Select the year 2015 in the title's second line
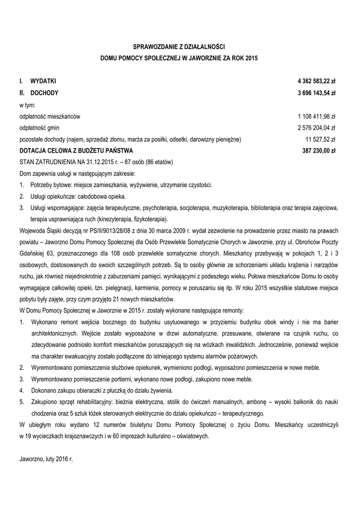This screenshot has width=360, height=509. pos(253,58)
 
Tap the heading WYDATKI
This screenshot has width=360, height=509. pos(43,81)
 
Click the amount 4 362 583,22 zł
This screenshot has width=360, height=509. pos(316,81)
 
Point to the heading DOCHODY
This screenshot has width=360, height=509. pos(44,93)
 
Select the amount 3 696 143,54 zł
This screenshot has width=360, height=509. pos(316,93)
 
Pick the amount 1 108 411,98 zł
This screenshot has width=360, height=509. pos(317,116)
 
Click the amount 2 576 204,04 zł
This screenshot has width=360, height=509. pos(317,128)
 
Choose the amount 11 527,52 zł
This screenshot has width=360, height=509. pos(321,140)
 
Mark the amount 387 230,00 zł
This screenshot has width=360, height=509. pos(319,151)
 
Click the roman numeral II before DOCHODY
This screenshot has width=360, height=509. pos(22,93)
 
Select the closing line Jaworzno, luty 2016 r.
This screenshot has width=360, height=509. pos(46,459)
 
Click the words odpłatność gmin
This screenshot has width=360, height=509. pos(38,128)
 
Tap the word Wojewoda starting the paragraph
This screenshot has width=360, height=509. pos(32,231)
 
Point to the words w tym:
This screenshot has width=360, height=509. pos(27,105)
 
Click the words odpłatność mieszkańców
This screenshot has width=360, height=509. pos(49,116)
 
